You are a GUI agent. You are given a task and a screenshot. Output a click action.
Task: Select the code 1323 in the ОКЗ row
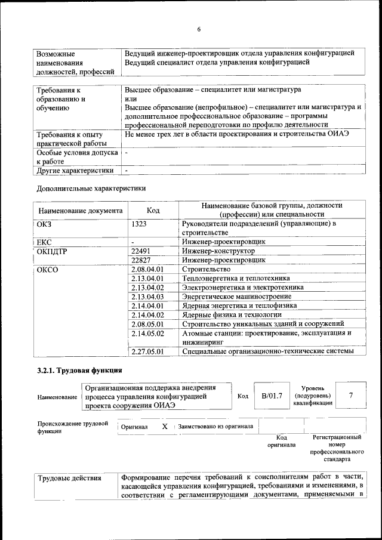139,224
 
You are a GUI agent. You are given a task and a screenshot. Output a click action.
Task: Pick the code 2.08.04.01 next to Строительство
147,269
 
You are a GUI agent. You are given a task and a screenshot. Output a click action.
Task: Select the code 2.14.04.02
147,314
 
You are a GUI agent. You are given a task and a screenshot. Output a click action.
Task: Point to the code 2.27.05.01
147,351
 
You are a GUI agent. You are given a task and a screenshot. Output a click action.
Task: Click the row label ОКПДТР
52,251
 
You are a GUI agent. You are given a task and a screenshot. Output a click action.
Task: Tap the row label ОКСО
48,269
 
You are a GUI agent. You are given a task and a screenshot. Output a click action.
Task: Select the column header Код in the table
153,211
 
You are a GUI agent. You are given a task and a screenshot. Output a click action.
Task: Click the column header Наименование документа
81,211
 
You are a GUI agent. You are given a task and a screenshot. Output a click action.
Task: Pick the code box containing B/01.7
272,396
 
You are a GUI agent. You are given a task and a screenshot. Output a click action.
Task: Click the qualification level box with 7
351,395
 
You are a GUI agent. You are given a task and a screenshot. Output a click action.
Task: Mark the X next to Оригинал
165,427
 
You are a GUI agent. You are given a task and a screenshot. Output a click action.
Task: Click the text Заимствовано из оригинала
215,427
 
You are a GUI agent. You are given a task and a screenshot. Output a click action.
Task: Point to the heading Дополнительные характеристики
91,188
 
